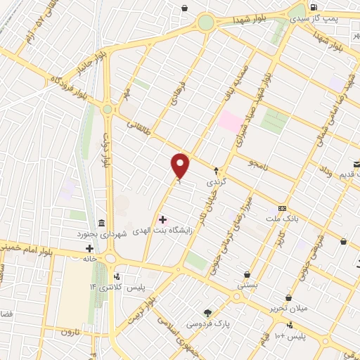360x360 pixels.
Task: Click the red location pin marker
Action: point(181,167)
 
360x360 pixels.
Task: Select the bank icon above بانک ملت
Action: point(283,208)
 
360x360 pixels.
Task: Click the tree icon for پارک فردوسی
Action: point(207,312)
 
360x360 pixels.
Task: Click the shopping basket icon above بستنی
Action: point(247,275)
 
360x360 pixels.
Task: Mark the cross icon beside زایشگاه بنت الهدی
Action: point(162,220)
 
